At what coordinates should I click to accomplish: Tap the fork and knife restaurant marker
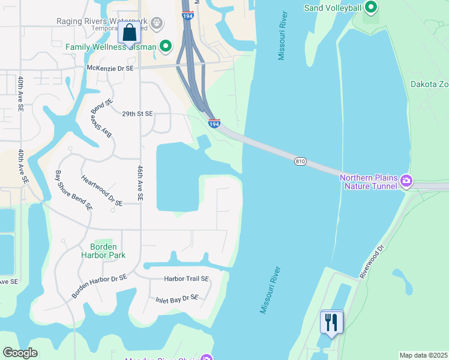tap(331, 322)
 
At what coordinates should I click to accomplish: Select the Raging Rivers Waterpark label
tap(102, 21)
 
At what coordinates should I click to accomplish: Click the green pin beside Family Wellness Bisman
tap(166, 46)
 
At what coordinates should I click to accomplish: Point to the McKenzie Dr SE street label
tap(110, 68)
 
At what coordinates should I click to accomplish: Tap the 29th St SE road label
tap(137, 113)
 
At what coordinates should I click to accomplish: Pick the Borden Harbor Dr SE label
tap(100, 286)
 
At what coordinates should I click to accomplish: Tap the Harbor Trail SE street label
tap(186, 279)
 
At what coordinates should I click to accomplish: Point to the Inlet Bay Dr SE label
tap(176, 298)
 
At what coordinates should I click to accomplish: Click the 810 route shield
tap(301, 161)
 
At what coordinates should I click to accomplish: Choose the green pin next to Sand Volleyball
tap(371, 7)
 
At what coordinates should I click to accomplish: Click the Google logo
tap(20, 353)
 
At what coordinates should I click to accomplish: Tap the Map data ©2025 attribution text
tap(424, 355)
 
